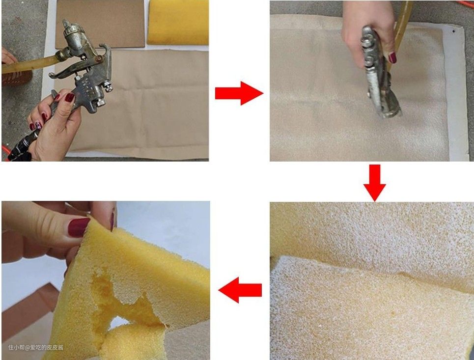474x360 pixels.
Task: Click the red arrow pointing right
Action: pyautogui.click(x=239, y=93)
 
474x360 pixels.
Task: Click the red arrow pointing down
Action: pyautogui.click(x=375, y=183)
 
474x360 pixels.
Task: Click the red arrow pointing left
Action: pyautogui.click(x=240, y=290)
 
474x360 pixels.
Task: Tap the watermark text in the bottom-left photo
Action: pyautogui.click(x=36, y=347)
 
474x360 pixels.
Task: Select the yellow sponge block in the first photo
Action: pyautogui.click(x=178, y=22)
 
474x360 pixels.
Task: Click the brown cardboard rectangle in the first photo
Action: pyautogui.click(x=100, y=24)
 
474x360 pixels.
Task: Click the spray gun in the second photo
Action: pyautogui.click(x=379, y=73)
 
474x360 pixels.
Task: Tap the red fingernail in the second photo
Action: pyautogui.click(x=392, y=57)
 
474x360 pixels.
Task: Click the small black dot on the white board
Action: pyautogui.click(x=453, y=31)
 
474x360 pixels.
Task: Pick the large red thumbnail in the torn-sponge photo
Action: pyautogui.click(x=78, y=227)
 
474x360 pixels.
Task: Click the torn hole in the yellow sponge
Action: pyautogui.click(x=121, y=299)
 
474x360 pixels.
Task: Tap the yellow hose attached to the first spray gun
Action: pyautogui.click(x=30, y=64)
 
